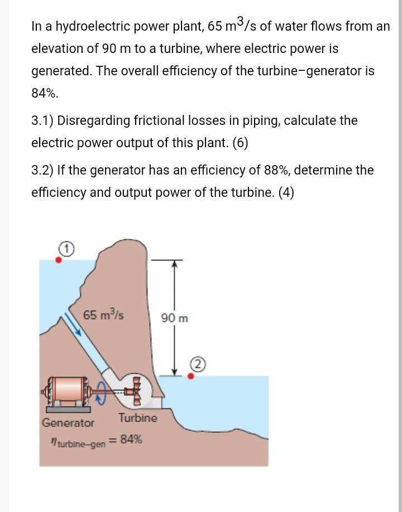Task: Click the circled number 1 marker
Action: (x=66, y=249)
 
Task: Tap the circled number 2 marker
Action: (x=198, y=365)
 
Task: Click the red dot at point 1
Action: (x=59, y=260)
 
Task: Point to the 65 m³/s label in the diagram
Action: (x=103, y=315)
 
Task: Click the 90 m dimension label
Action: (x=175, y=318)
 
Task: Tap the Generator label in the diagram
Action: (x=68, y=423)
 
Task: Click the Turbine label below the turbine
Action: (x=137, y=418)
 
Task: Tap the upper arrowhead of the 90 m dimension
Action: (x=175, y=263)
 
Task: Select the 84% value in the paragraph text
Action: (x=45, y=93)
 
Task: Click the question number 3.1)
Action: (x=42, y=120)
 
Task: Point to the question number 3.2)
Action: (x=42, y=170)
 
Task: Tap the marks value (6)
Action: (x=240, y=143)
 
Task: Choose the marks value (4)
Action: (x=286, y=192)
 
